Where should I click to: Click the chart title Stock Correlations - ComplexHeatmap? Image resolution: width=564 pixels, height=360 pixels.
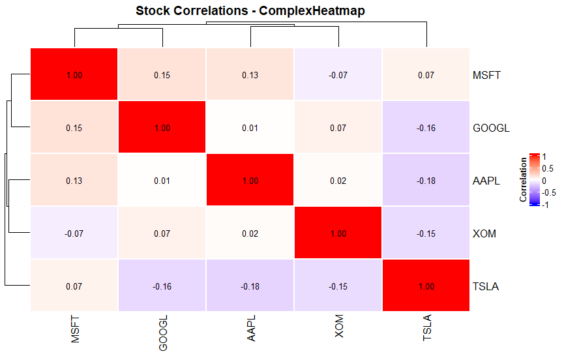(x=250, y=11)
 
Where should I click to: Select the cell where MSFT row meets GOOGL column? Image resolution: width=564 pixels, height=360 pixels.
(x=162, y=75)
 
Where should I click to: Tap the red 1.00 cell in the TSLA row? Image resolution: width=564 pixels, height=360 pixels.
(x=426, y=286)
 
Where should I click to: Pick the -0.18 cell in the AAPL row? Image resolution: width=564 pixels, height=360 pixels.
(x=426, y=181)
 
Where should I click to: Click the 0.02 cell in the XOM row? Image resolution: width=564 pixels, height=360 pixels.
(x=250, y=233)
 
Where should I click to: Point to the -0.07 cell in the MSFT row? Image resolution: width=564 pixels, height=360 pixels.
(x=338, y=75)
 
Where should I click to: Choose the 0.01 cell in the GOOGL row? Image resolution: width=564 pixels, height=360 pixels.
(x=250, y=128)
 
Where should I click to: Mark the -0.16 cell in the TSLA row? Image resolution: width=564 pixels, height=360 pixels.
(x=162, y=286)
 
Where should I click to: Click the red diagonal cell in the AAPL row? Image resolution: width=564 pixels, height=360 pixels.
(x=250, y=181)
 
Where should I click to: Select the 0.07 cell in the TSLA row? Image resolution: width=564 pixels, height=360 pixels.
(x=74, y=286)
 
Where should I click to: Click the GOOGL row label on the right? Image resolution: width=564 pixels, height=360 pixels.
(x=490, y=128)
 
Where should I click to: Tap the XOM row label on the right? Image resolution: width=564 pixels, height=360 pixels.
(x=484, y=233)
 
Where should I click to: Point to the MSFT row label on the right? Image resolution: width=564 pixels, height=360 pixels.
(x=486, y=75)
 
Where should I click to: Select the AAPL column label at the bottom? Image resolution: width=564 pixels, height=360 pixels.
(x=251, y=329)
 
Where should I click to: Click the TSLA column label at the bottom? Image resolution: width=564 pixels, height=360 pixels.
(x=427, y=329)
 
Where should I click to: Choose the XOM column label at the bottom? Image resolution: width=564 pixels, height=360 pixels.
(x=339, y=327)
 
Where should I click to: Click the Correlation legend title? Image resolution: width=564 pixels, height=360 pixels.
(x=523, y=179)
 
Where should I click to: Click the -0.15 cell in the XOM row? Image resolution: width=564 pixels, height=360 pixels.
(x=426, y=233)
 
